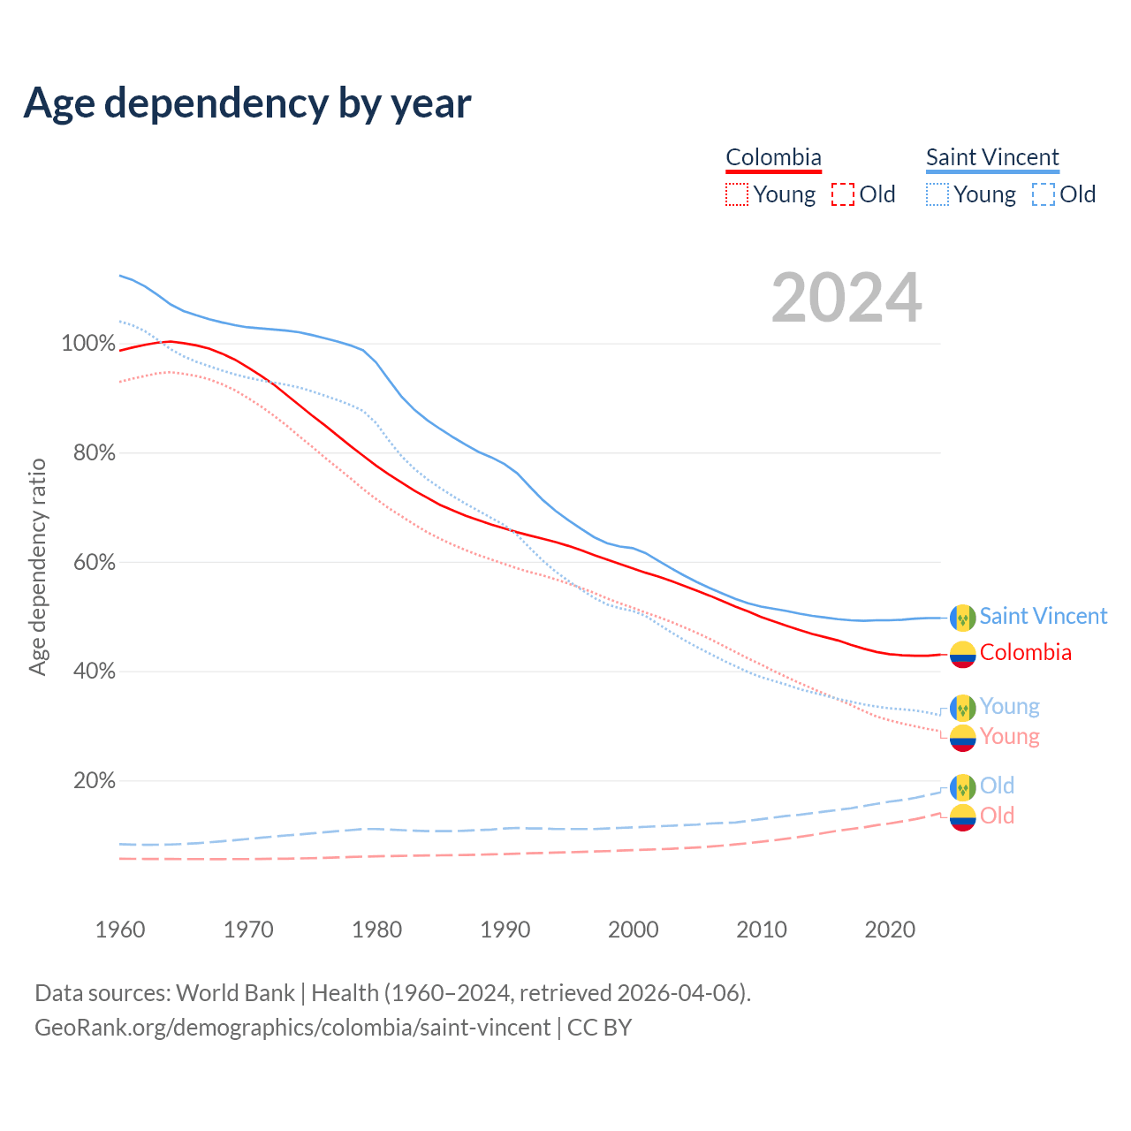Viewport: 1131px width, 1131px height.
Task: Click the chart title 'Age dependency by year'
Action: pyautogui.click(x=247, y=103)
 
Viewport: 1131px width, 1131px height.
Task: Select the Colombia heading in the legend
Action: pyautogui.click(x=773, y=157)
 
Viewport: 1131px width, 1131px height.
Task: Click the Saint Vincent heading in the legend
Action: pyautogui.click(x=992, y=157)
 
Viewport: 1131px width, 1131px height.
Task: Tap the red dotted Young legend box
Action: pyautogui.click(x=737, y=194)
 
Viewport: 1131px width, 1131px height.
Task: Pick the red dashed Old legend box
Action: pyautogui.click(x=843, y=194)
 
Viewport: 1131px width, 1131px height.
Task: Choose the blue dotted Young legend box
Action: pyautogui.click(x=937, y=194)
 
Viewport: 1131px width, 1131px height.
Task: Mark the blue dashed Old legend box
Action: pyautogui.click(x=1044, y=194)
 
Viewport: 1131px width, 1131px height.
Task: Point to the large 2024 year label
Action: pyautogui.click(x=846, y=298)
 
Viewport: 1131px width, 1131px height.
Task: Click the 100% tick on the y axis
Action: pyautogui.click(x=88, y=344)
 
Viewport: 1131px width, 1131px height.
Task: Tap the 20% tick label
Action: pyautogui.click(x=94, y=781)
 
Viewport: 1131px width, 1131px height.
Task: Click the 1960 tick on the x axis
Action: pyautogui.click(x=120, y=930)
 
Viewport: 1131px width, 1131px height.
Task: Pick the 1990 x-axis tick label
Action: pyautogui.click(x=505, y=930)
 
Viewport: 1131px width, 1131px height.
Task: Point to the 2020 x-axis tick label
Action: pyautogui.click(x=890, y=930)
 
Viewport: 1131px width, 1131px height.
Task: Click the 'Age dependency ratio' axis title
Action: pyautogui.click(x=37, y=566)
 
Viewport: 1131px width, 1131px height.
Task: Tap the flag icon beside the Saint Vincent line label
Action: pyautogui.click(x=962, y=618)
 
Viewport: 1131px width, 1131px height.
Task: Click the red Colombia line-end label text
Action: pyautogui.click(x=1025, y=653)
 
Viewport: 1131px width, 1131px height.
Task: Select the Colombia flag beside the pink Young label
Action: pyautogui.click(x=962, y=738)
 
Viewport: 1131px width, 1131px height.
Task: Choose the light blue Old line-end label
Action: pyautogui.click(x=997, y=786)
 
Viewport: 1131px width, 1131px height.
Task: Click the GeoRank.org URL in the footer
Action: pyautogui.click(x=292, y=1028)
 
